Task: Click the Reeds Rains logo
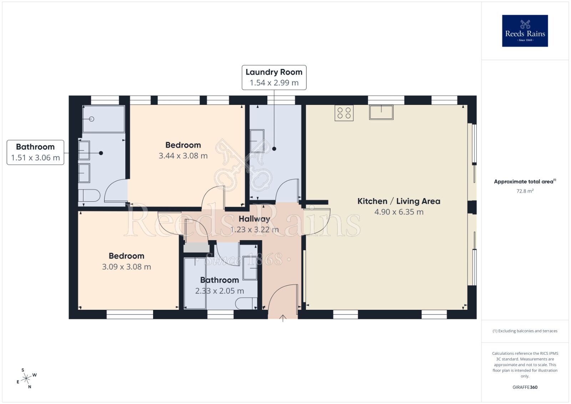pos(525,31)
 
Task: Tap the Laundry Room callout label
pos(274,77)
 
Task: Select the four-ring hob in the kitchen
pos(344,113)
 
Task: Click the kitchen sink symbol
pos(381,112)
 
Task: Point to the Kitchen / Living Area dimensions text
pos(399,212)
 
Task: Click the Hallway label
pos(254,219)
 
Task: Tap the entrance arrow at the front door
pos(283,318)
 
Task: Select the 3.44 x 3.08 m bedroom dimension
pos(183,156)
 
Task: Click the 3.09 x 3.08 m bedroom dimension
pos(126,267)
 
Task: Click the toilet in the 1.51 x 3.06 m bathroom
pos(89,196)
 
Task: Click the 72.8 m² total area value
pos(525,191)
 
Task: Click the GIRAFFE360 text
pos(525,387)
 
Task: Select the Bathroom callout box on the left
pos(35,152)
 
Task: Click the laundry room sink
pos(257,141)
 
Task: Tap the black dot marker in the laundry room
pos(274,149)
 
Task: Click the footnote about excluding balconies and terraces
pos(525,331)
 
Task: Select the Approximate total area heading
pos(524,182)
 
